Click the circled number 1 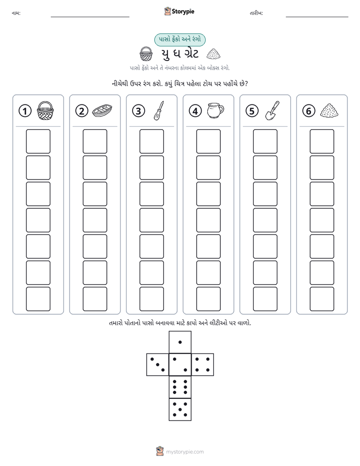click(25, 111)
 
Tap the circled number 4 click(195, 111)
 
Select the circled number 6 click(309, 111)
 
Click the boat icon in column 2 click(102, 110)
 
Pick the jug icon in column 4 click(216, 110)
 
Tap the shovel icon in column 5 click(272, 110)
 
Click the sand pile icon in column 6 click(329, 110)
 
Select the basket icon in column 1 click(45, 110)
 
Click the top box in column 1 click(38, 141)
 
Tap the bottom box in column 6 click(322, 299)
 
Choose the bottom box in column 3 click(151, 299)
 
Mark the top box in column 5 click(265, 141)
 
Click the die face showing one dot click(180, 342)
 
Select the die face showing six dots click(180, 387)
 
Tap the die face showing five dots click(180, 409)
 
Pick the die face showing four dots click(203, 365)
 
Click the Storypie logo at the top click(179, 11)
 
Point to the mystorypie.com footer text click(185, 452)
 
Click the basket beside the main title click(146, 54)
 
